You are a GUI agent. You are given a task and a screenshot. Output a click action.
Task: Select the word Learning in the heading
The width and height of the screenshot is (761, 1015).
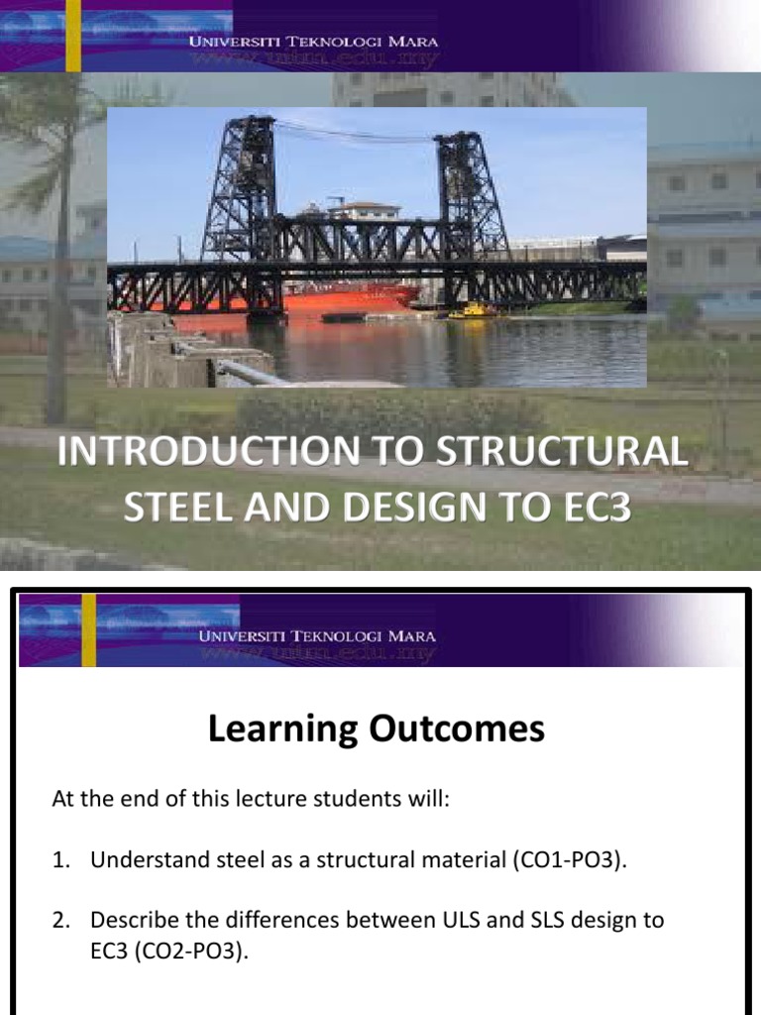tap(282, 730)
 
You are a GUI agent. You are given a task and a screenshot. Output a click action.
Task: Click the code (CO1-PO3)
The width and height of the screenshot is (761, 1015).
tap(570, 860)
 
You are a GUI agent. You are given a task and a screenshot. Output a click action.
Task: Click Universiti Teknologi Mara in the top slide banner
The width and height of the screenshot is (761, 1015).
tap(315, 42)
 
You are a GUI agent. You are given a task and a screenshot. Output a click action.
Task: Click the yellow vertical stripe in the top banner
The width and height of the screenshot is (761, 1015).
tap(72, 36)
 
